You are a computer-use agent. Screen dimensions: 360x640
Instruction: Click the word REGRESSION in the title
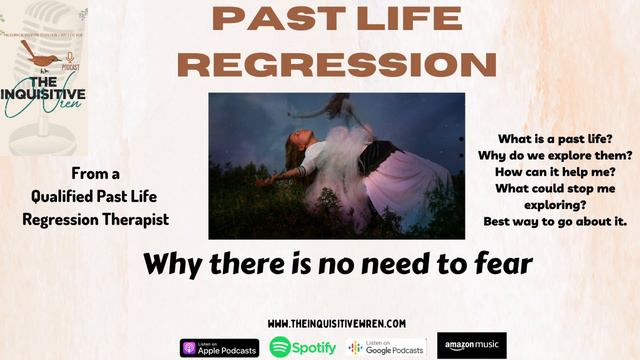[342, 63]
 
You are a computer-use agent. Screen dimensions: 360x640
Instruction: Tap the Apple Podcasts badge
[219, 347]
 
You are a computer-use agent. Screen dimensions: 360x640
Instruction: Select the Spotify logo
[301, 347]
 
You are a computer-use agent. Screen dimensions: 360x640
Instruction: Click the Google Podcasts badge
[387, 347]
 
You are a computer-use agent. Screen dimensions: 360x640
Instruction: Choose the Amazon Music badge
[471, 346]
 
